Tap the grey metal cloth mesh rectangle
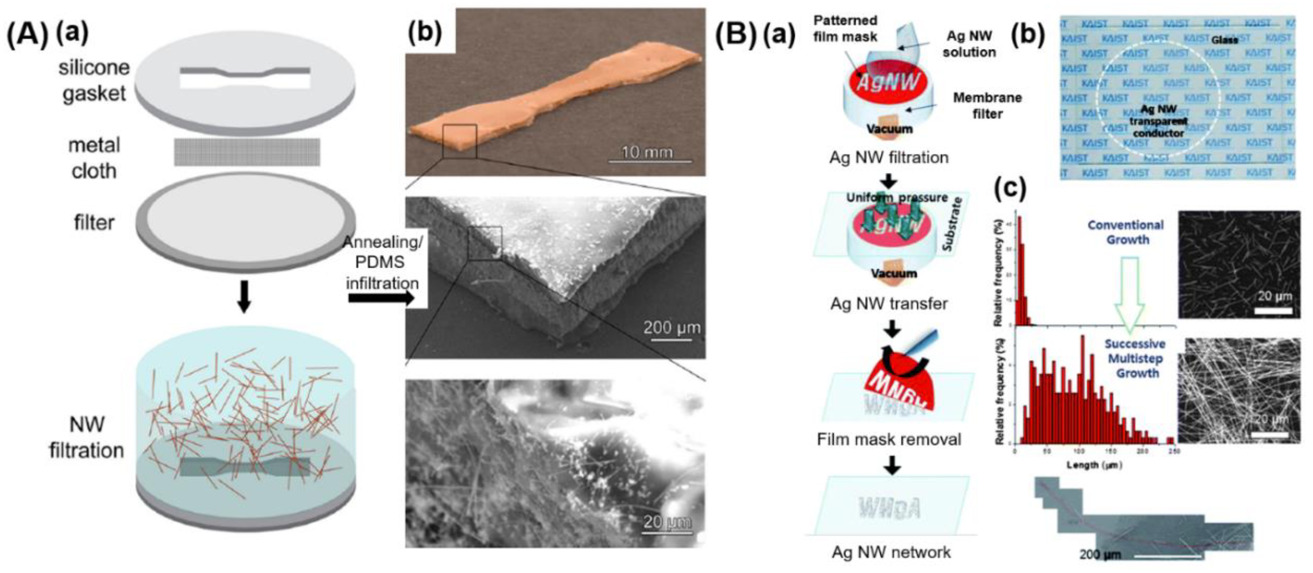point(247,152)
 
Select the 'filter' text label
point(94,223)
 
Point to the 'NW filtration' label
point(87,437)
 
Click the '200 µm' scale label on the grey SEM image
point(671,327)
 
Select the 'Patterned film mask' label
point(845,29)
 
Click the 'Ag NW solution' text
point(969,44)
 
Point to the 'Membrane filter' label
point(987,105)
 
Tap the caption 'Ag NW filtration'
point(889,157)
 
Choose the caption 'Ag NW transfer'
point(889,304)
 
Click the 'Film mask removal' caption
point(889,439)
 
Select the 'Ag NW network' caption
point(891,552)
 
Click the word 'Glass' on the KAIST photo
point(1224,40)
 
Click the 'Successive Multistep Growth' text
point(1135,358)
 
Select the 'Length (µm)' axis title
point(1094,465)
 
